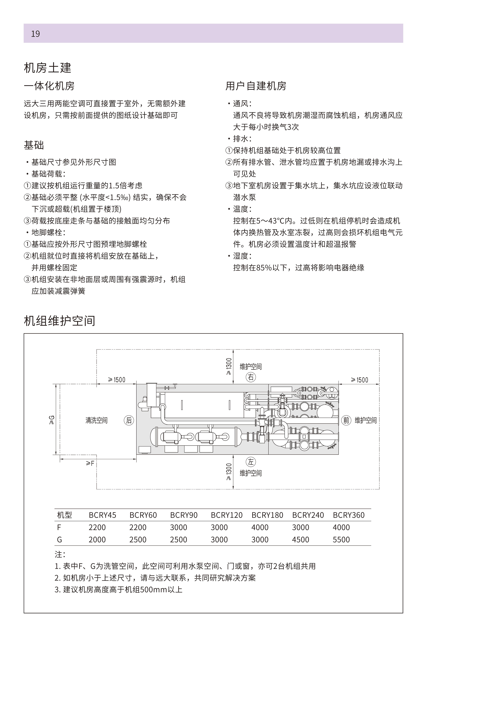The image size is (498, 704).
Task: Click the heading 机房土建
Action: coord(48,68)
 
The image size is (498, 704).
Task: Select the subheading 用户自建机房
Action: coord(256,86)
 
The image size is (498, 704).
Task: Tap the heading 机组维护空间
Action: coord(59,321)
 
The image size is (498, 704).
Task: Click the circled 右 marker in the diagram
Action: coord(251,377)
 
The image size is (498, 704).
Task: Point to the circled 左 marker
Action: coord(251,462)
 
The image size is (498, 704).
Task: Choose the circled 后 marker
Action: coord(129,420)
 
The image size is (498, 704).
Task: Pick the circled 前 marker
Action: coord(346,420)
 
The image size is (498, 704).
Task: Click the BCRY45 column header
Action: coord(102,515)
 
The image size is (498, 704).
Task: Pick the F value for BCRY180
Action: coord(260,527)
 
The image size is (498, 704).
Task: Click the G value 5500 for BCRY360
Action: coord(341,540)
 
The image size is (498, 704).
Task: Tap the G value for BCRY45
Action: coord(97,540)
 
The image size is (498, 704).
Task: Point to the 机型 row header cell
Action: coord(64,515)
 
